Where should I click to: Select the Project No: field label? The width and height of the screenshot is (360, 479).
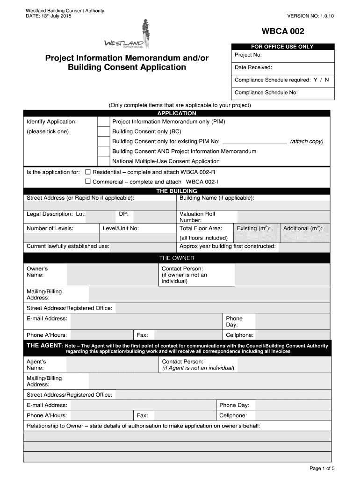click(248, 55)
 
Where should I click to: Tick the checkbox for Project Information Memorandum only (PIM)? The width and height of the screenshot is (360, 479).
click(103, 122)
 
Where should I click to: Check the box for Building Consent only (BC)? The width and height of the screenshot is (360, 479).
click(103, 131)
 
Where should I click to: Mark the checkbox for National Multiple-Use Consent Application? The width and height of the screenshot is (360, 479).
click(103, 161)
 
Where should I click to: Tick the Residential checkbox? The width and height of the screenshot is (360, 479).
click(87, 172)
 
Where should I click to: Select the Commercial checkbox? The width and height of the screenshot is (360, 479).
click(87, 181)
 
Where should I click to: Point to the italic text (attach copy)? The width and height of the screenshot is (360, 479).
click(307, 141)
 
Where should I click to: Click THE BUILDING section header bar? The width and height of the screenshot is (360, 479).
click(177, 191)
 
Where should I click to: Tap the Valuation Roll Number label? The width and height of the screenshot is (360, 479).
click(197, 217)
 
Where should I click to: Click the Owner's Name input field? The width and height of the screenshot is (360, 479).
click(112, 274)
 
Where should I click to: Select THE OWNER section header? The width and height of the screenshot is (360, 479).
click(177, 258)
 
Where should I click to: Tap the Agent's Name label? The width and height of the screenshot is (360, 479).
click(36, 365)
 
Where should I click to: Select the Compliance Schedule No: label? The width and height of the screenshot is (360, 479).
click(266, 93)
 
